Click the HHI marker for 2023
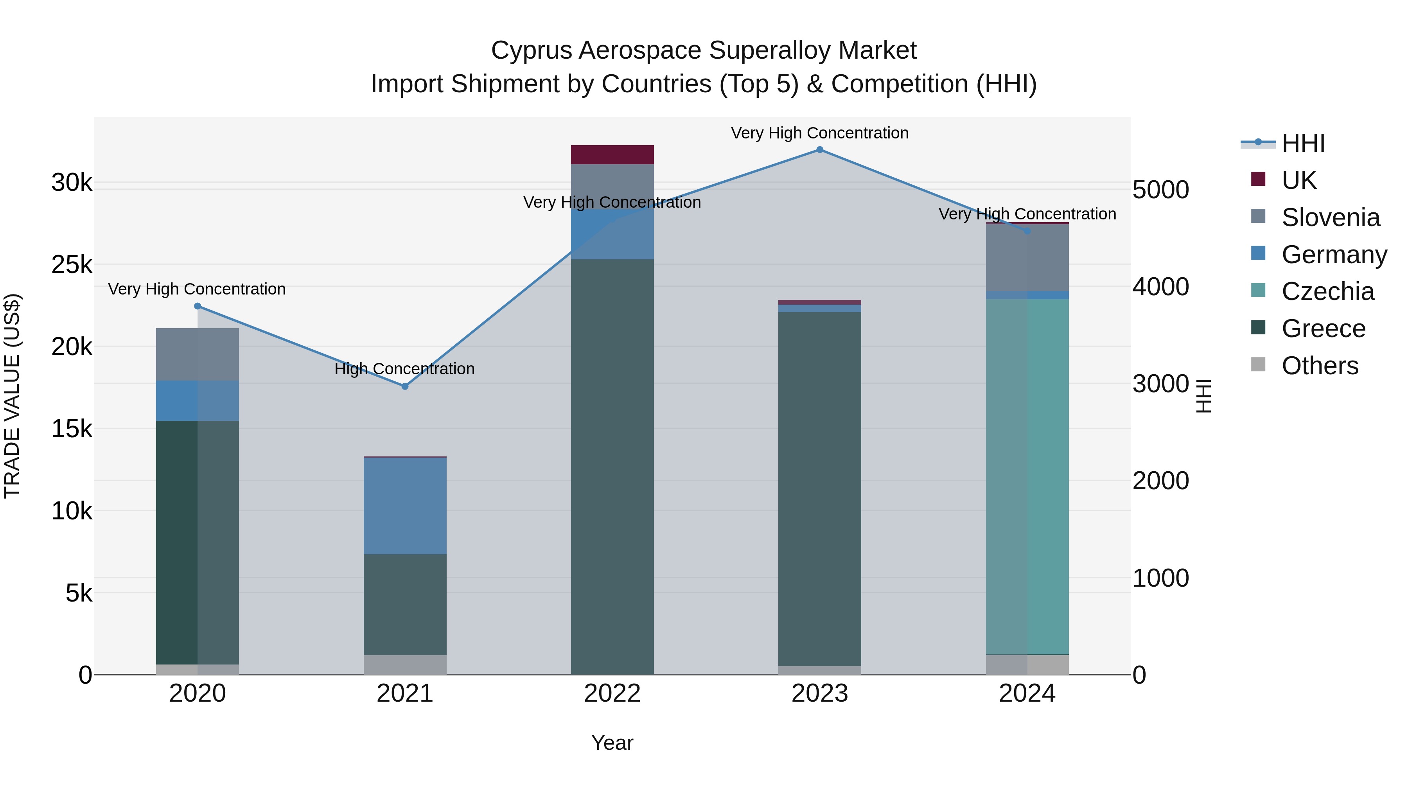(819, 150)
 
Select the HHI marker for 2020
(198, 306)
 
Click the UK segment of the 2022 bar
(612, 154)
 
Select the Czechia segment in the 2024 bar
(1027, 476)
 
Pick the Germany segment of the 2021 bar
(405, 506)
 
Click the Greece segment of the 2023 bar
(819, 489)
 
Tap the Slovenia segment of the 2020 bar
(198, 354)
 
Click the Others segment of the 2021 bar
(405, 664)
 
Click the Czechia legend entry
(1327, 291)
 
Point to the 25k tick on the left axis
(72, 265)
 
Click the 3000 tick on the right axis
(1160, 384)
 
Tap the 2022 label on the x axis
(612, 693)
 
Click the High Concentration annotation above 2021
(404, 369)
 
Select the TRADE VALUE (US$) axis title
(12, 396)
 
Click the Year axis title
(612, 743)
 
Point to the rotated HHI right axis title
(1203, 396)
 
